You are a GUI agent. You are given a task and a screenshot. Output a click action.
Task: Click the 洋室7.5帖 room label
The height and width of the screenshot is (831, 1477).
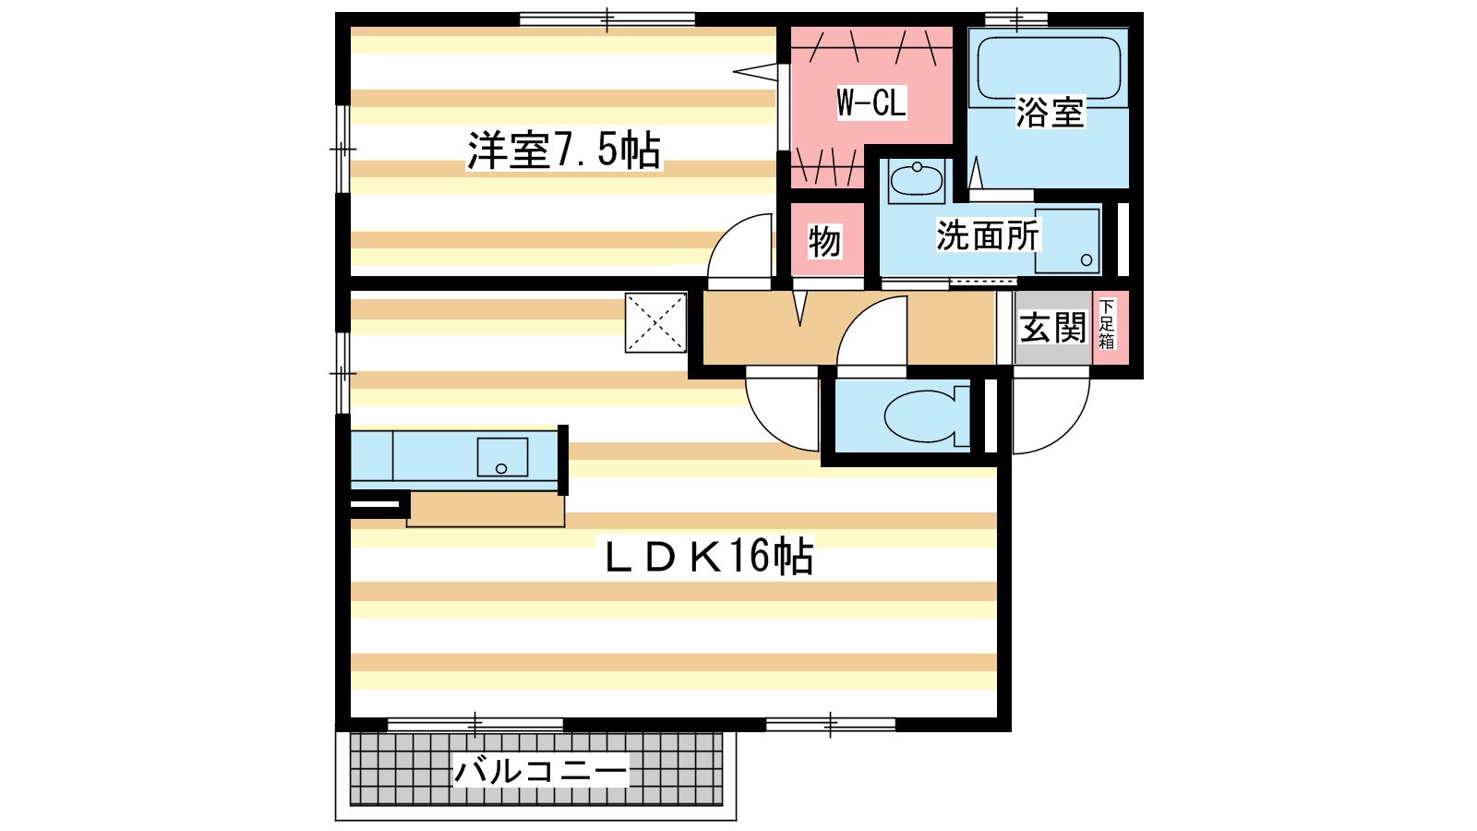tap(564, 151)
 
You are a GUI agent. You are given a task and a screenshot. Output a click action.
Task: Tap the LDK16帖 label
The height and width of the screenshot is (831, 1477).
tap(709, 555)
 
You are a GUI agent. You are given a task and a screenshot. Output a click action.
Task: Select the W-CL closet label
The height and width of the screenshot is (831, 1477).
tap(871, 102)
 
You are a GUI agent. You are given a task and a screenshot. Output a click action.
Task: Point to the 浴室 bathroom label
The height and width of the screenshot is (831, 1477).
tap(1050, 112)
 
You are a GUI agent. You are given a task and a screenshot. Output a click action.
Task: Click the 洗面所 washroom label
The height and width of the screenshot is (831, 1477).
tap(988, 235)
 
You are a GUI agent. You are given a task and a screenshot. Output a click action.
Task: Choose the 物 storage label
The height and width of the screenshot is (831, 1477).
tap(825, 241)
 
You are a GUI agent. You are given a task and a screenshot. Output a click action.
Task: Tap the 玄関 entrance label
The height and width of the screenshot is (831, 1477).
tap(1052, 328)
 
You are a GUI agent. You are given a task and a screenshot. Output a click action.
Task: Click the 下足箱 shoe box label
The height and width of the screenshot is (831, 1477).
tap(1107, 324)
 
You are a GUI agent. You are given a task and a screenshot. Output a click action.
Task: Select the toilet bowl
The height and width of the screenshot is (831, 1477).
tap(927, 415)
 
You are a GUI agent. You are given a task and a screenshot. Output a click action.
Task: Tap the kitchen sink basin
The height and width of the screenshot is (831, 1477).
tap(502, 457)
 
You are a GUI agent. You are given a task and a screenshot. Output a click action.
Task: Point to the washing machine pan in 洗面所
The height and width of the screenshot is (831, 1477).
tap(1067, 241)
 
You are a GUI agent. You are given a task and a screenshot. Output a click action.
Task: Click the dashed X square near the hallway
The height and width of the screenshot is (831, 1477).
tap(656, 323)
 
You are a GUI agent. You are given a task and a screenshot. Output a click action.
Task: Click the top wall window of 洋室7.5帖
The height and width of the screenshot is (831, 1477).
tap(607, 19)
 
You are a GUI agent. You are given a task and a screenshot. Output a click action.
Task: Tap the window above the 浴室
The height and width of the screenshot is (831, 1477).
tap(1016, 18)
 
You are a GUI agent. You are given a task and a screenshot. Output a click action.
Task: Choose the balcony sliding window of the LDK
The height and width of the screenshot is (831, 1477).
tap(475, 725)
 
